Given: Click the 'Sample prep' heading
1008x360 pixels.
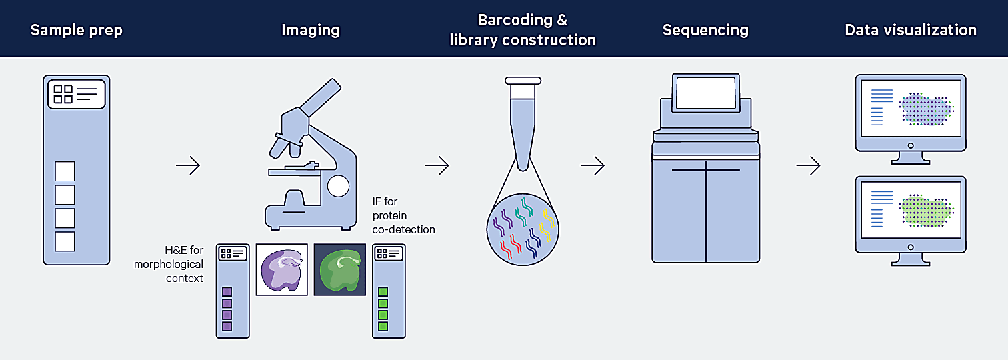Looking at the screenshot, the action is (x=76, y=30).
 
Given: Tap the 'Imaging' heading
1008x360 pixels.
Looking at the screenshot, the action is (x=311, y=30).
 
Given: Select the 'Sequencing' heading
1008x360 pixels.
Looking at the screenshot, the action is (x=705, y=30).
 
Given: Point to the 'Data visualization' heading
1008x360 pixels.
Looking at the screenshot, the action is (x=911, y=30).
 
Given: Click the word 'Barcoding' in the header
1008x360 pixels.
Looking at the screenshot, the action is (x=515, y=20).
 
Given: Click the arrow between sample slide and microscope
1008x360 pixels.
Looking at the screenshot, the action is (x=188, y=165).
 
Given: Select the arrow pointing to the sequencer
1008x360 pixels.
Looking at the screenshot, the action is (x=593, y=165).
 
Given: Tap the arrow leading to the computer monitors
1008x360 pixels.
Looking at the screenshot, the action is (x=808, y=165).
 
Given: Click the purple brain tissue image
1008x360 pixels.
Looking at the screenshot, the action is (x=282, y=269).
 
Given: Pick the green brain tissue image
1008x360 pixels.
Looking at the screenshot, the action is (x=340, y=269).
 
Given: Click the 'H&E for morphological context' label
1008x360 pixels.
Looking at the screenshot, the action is (x=169, y=264).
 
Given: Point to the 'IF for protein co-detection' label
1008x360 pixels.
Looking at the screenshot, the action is (x=403, y=215).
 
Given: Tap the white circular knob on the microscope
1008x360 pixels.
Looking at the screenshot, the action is (x=339, y=186).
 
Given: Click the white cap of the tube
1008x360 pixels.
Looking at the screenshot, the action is (x=523, y=81).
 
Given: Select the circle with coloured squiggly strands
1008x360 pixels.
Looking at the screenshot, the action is (x=523, y=229).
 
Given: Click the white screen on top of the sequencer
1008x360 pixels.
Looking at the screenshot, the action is (x=705, y=93).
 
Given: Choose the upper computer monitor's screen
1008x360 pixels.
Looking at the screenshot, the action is (x=911, y=109).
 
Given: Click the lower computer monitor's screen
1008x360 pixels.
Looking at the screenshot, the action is (x=911, y=210).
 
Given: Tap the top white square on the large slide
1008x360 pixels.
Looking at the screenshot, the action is (x=65, y=171).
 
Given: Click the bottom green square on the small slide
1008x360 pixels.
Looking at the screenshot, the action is (x=383, y=326).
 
